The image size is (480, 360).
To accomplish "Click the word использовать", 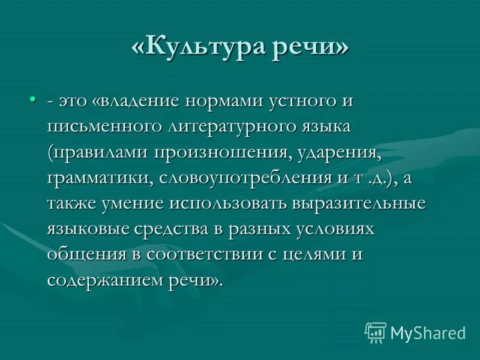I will pos(230,203).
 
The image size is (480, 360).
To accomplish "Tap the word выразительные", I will pos(359,203).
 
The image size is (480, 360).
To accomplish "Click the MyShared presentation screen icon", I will pos(376,332).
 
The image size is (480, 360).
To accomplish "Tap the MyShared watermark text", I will pos(428,332).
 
